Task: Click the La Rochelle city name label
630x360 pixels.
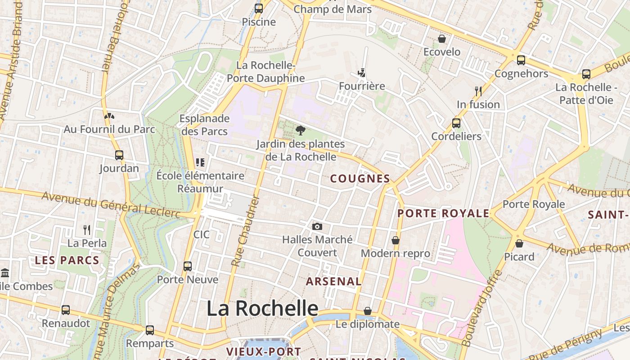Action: [262, 309]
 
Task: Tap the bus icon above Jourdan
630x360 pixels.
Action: [119, 155]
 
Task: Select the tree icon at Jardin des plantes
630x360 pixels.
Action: [301, 131]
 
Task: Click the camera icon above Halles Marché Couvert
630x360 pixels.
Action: [317, 226]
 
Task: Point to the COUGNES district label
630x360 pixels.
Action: [360, 179]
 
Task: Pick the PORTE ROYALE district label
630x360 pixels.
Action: [443, 213]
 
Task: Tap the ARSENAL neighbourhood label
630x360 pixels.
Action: [333, 282]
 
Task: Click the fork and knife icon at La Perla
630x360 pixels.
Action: [87, 230]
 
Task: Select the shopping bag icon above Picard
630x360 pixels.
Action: [519, 243]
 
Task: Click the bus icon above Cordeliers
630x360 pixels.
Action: [456, 123]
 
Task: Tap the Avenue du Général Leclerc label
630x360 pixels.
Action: [111, 204]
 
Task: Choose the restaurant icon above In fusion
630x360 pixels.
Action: [478, 91]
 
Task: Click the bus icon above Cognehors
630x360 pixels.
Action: [521, 60]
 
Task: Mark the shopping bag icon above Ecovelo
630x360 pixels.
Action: [442, 39]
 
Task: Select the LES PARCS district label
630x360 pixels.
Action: [67, 260]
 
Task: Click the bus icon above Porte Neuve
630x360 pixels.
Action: [188, 266]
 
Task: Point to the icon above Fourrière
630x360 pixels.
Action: [361, 72]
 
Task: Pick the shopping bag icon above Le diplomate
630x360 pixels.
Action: [368, 311]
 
